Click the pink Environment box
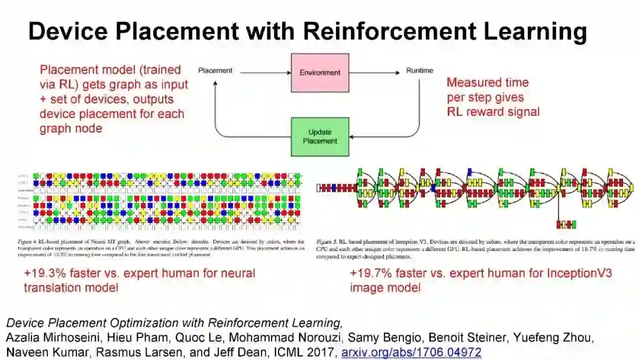[x=319, y=72]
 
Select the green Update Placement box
[x=319, y=136]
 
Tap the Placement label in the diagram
[x=215, y=71]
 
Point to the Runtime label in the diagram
[x=419, y=71]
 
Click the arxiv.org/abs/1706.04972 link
[x=412, y=352]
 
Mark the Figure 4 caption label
[x=34, y=242]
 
